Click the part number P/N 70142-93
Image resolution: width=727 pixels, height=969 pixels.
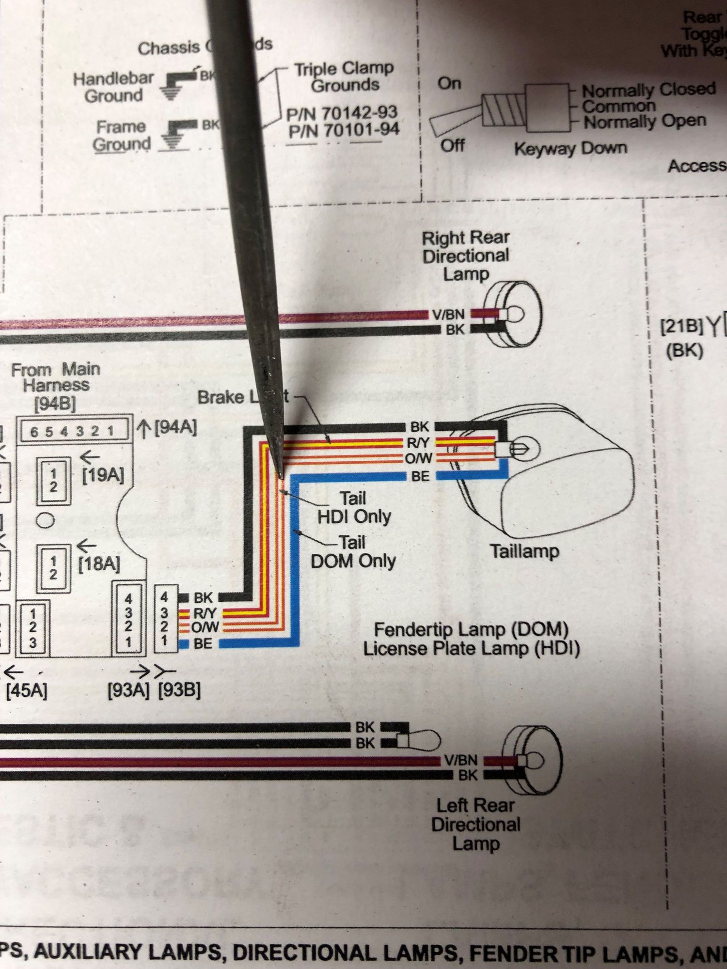tap(342, 113)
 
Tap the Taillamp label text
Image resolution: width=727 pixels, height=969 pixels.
tap(524, 551)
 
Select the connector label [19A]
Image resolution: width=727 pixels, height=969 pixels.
tap(103, 475)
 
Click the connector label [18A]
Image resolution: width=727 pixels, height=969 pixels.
tap(99, 564)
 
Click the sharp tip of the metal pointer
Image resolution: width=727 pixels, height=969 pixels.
tap(280, 472)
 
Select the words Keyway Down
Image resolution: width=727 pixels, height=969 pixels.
tap(570, 148)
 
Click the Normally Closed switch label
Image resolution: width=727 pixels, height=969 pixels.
tap(648, 90)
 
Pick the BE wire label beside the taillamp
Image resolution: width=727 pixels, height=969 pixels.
tap(420, 476)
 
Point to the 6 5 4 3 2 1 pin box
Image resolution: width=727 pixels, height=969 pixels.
tap(73, 431)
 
